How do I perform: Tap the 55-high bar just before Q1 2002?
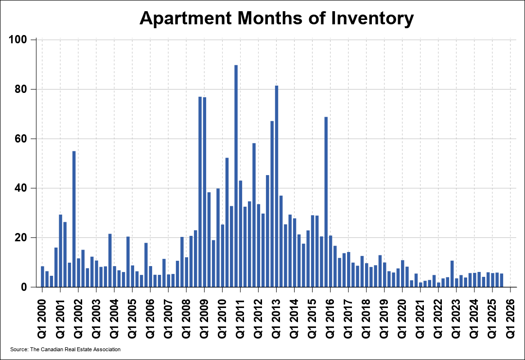[x=74, y=219]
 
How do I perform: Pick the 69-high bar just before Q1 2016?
[x=326, y=202]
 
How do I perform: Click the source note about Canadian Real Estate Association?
[x=65, y=349]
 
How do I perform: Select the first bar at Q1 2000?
[x=42, y=277]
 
